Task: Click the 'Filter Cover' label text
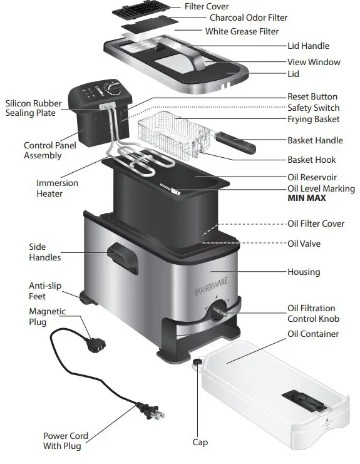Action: pyautogui.click(x=207, y=6)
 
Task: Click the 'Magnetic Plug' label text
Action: pyautogui.click(x=46, y=317)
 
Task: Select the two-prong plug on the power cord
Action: pyautogui.click(x=153, y=413)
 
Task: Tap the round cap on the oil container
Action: pyautogui.click(x=197, y=361)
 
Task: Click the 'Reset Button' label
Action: pyautogui.click(x=312, y=97)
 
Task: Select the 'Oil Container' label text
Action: pyautogui.click(x=313, y=334)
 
